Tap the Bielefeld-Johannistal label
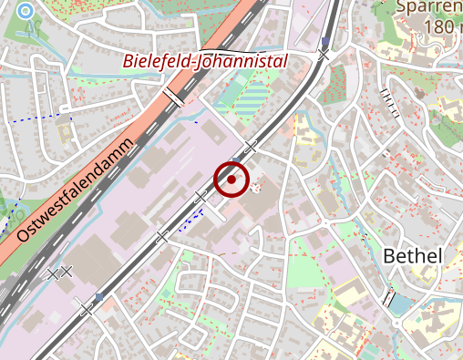[205, 62]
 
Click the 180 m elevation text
[442, 27]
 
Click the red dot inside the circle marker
[231, 180]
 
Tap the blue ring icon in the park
[25, 12]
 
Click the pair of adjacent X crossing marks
[59, 272]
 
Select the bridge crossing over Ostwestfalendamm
[172, 98]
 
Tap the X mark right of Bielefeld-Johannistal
[324, 56]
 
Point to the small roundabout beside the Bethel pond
[396, 322]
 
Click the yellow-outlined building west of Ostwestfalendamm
[66, 132]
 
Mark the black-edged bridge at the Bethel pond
[389, 297]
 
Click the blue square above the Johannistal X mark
[324, 42]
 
